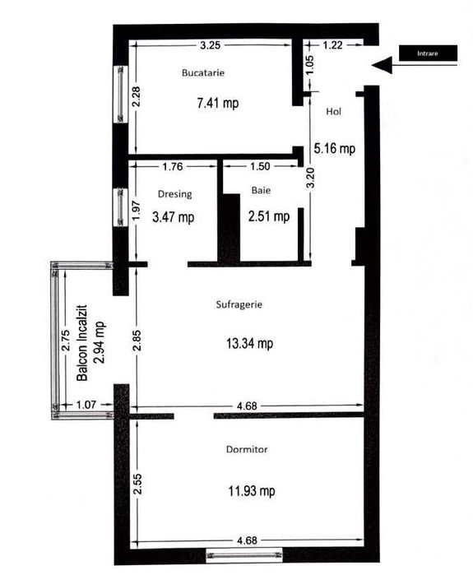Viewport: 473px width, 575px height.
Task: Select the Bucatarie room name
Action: tap(203, 73)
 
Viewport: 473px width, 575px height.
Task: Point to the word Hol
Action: tap(333, 112)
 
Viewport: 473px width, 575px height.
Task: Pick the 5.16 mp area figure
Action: tap(335, 149)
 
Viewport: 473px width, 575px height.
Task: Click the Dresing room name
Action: tap(174, 195)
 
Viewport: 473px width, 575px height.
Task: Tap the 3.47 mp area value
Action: tap(174, 218)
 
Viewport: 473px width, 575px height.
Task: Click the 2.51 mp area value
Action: tap(269, 217)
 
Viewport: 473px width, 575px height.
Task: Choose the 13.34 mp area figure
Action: tap(251, 344)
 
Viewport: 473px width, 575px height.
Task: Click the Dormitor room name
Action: tap(247, 450)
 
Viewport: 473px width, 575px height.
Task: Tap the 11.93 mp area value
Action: tap(252, 491)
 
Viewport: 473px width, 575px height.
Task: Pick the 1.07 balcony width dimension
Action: tap(86, 405)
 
